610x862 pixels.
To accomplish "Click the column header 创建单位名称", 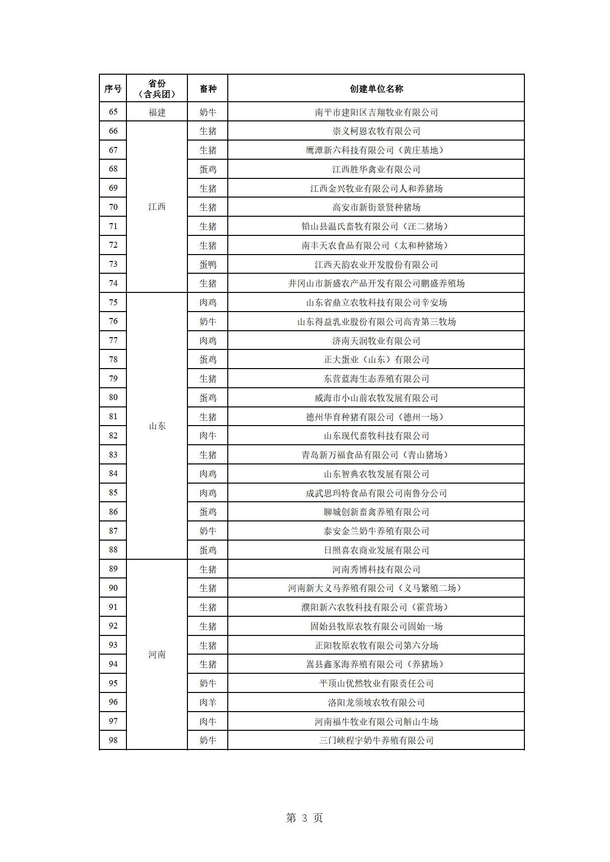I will [x=376, y=89].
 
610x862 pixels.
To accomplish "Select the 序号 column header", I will [x=113, y=89].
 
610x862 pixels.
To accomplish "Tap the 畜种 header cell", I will [x=208, y=89].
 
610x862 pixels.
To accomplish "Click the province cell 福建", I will [x=157, y=113].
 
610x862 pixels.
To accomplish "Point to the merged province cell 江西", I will [x=157, y=207].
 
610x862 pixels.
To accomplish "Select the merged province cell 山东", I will [x=157, y=426].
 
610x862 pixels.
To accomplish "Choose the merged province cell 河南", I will [x=157, y=655].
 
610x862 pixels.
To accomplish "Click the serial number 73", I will [x=113, y=264].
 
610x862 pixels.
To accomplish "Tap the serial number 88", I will [x=113, y=550].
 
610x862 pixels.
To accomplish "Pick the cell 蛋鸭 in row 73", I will [x=208, y=265].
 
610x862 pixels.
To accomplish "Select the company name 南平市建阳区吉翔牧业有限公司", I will [x=376, y=113].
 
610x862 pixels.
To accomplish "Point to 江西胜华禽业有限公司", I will [x=376, y=170].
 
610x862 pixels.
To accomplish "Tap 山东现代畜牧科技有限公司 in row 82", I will [x=376, y=436].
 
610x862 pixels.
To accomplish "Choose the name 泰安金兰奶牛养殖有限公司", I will [x=376, y=531].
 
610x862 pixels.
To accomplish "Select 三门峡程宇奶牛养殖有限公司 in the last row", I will [x=376, y=741].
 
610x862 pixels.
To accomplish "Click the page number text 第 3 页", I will [x=305, y=818].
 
